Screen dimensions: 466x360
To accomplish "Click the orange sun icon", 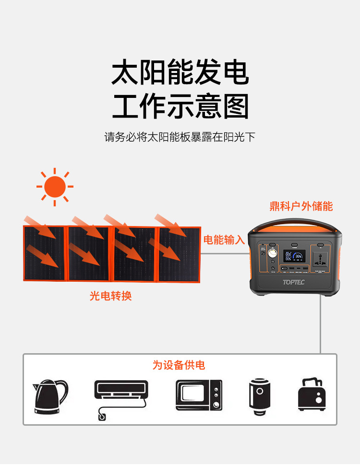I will [x=55, y=187].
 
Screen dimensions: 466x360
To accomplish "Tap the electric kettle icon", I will [x=50, y=396].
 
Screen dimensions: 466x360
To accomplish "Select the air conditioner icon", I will [x=121, y=391].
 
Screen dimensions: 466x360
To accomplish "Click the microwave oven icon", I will [x=199, y=395].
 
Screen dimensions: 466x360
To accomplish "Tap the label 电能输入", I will [x=224, y=240].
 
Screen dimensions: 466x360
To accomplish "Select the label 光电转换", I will [x=110, y=296].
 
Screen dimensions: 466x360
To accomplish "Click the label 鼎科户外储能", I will [x=301, y=206].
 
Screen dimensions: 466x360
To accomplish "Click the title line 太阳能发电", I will [x=180, y=73].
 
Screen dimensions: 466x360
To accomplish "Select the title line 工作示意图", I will [x=180, y=107].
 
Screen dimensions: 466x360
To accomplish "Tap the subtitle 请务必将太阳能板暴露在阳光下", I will [x=180, y=137].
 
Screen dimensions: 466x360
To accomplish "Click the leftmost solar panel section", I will [x=44, y=253].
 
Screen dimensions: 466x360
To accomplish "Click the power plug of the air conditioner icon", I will [x=102, y=417].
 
